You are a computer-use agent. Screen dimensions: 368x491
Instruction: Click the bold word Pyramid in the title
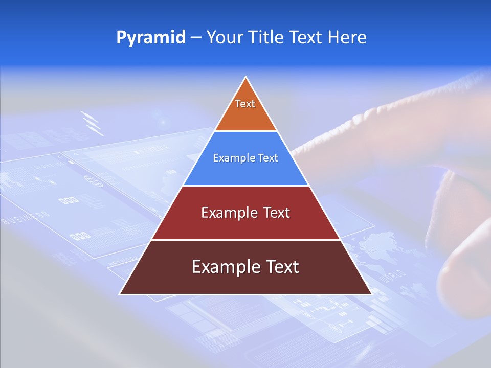(151, 37)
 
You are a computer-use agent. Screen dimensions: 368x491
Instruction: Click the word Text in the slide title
(308, 37)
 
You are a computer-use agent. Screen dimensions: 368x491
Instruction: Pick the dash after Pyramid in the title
(196, 38)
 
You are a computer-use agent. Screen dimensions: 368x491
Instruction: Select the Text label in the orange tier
(245, 104)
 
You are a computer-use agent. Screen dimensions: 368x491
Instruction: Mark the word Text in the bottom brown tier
(281, 267)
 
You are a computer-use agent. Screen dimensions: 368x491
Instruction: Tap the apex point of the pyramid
(246, 77)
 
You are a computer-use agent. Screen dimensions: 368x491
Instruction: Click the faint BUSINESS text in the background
(26, 217)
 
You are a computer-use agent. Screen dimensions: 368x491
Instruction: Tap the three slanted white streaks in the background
(90, 122)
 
